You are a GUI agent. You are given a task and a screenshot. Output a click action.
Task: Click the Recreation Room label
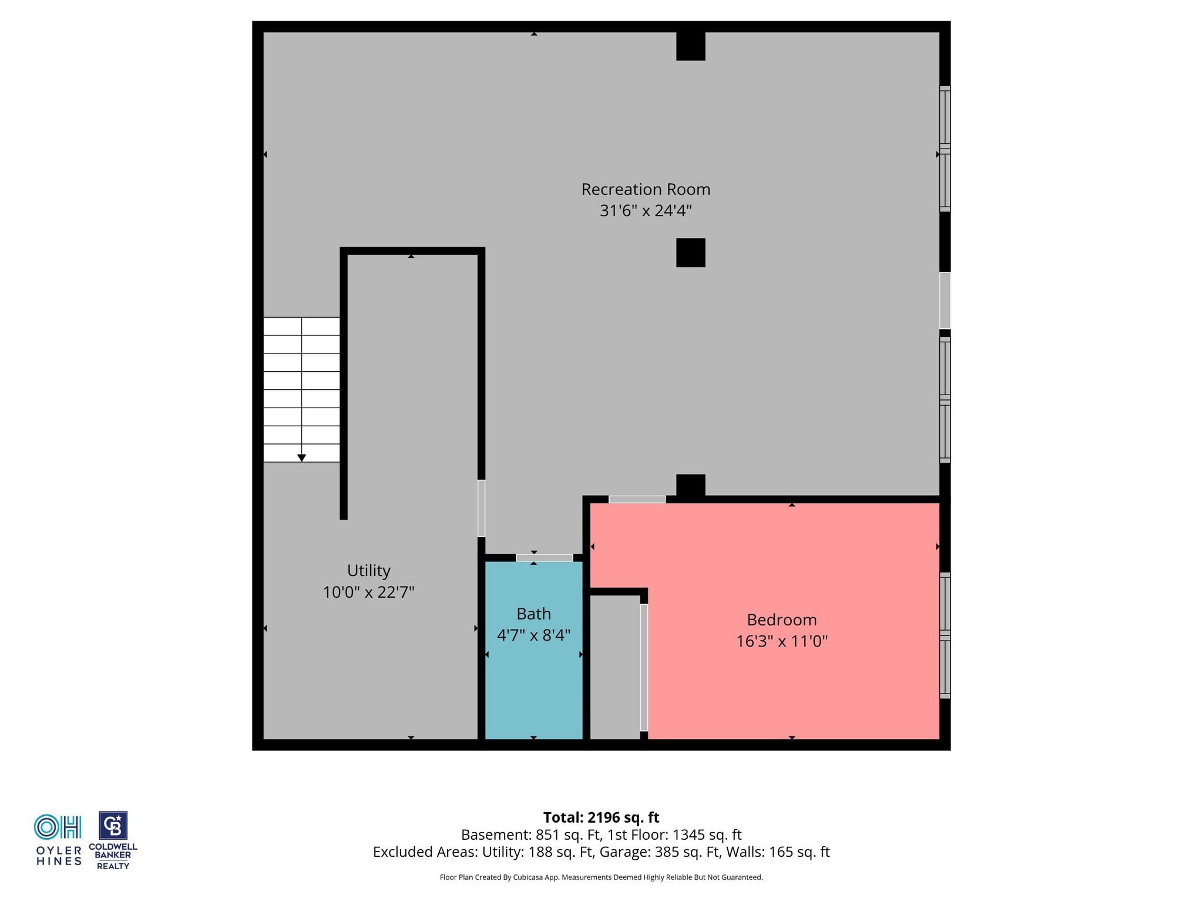coord(646,189)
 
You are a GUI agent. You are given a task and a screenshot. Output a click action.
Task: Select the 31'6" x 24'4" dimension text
coord(646,210)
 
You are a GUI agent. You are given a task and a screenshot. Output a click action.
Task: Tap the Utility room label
coord(368,571)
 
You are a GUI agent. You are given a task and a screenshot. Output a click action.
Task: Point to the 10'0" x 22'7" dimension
coord(368,592)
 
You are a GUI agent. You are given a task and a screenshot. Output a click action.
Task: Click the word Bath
coord(533,614)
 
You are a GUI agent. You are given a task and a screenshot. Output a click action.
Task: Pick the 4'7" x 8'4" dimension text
coord(533,635)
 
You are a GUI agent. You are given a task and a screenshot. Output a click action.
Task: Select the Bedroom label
coord(782,620)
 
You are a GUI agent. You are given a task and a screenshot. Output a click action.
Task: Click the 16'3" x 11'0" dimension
coord(782,641)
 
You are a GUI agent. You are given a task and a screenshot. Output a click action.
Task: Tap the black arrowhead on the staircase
coord(301,457)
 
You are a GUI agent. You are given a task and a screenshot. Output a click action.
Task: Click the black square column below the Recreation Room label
coord(691,253)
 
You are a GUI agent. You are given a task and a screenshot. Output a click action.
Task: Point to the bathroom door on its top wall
coord(545,557)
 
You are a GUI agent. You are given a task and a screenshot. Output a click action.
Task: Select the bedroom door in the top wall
coord(637,499)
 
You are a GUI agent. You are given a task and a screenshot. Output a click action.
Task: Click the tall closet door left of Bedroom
coord(644,667)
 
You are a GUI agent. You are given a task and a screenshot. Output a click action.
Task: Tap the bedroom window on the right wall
coord(945,635)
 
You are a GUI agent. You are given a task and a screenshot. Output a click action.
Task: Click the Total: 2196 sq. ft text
coord(601,817)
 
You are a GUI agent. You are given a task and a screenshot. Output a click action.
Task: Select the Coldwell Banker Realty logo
coord(113,840)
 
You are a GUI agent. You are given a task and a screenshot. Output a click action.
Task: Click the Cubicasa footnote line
coord(601,877)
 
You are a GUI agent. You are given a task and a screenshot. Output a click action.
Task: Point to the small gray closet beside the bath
coord(614,667)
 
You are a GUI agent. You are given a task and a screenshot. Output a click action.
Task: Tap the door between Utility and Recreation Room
coord(481,508)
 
